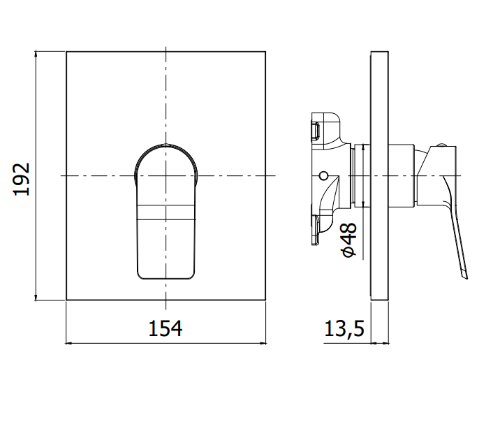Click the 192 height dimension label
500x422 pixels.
tap(22, 180)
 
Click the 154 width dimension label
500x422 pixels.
tap(166, 328)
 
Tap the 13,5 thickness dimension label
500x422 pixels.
tap(344, 328)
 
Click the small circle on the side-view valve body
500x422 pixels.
tap(323, 175)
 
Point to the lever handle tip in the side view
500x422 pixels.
tap(465, 277)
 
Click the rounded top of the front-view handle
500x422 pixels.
tap(166, 147)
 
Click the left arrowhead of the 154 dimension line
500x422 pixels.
tap(68, 343)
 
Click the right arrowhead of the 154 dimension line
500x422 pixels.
tap(263, 343)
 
